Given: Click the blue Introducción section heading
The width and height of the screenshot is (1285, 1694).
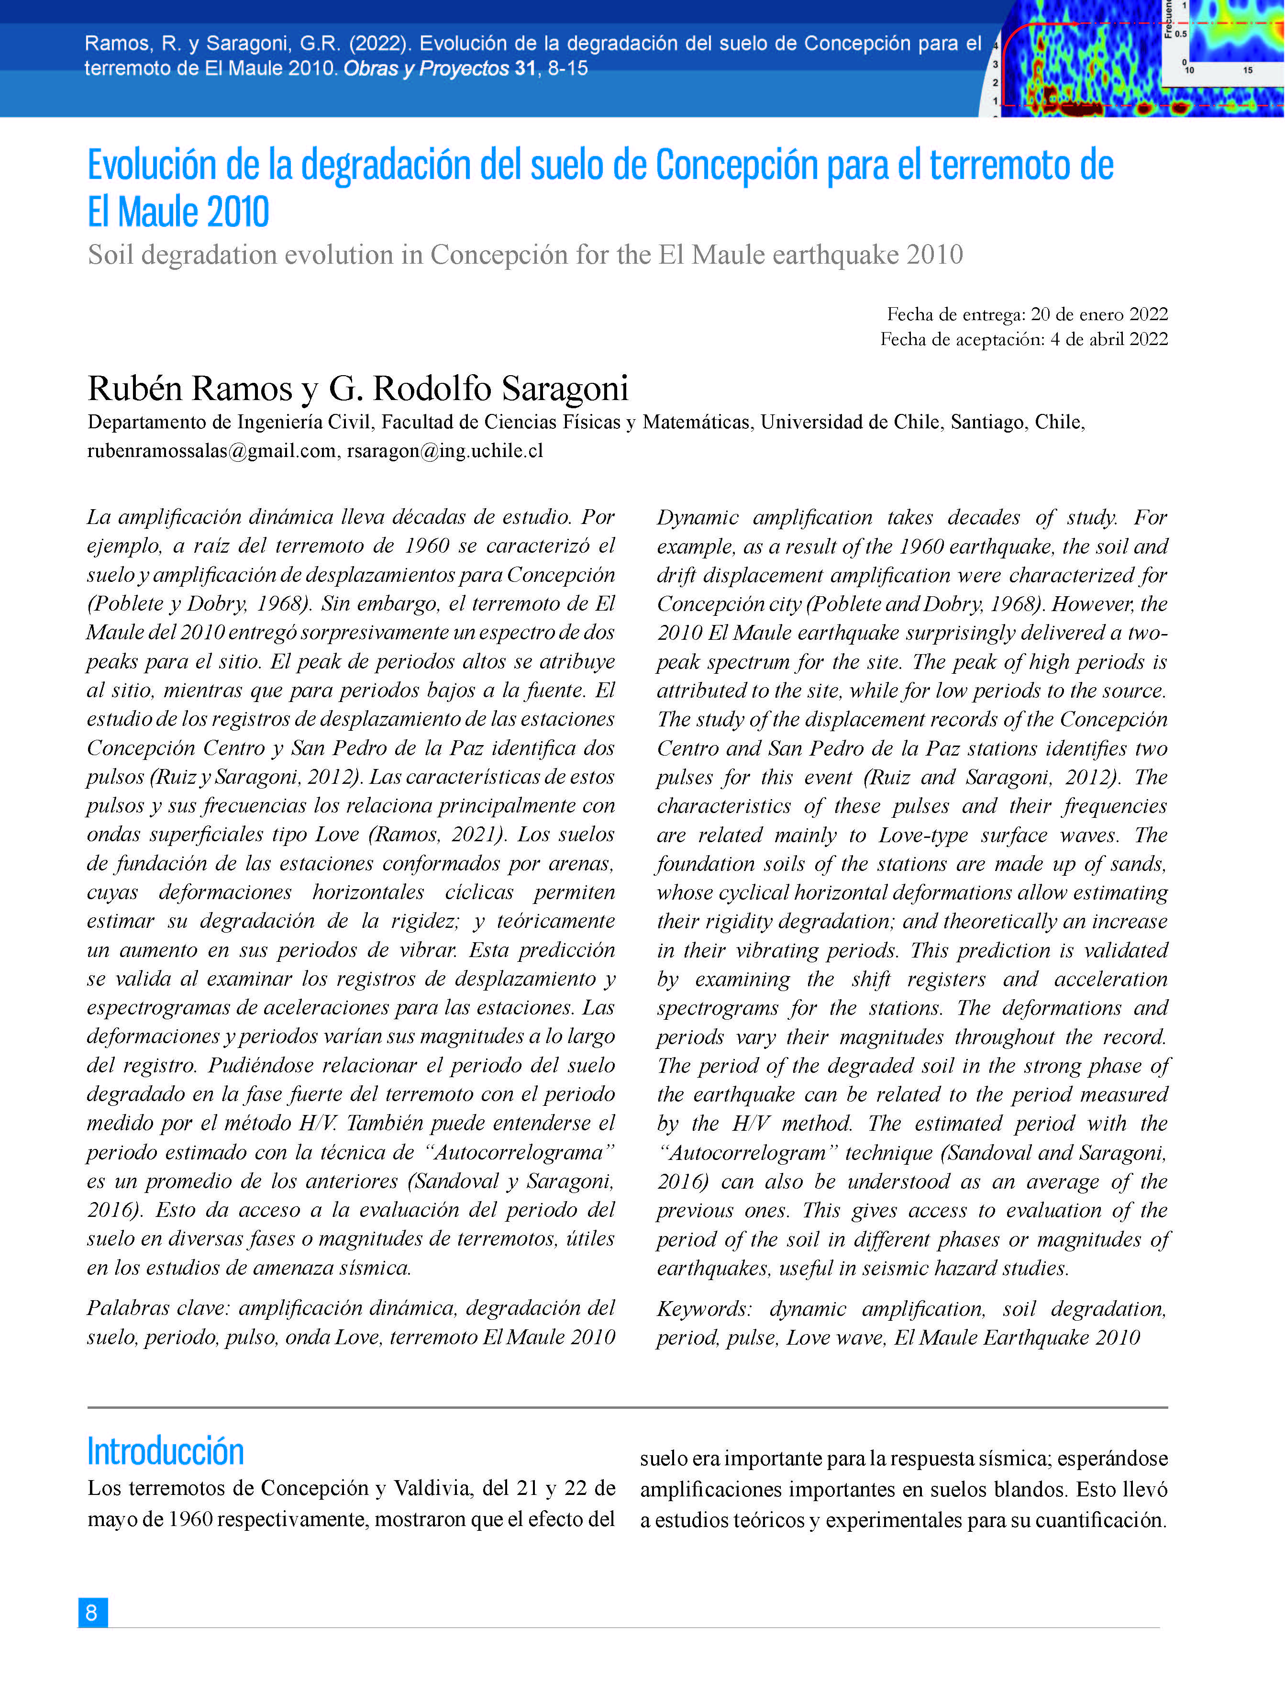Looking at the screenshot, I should pos(166,1452).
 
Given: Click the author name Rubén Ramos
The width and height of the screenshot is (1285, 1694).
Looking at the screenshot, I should pos(190,388).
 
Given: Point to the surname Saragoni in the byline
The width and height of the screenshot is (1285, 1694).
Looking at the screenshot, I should pos(565,388).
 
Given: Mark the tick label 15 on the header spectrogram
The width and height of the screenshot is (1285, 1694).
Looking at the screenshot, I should pos(1248,70).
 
